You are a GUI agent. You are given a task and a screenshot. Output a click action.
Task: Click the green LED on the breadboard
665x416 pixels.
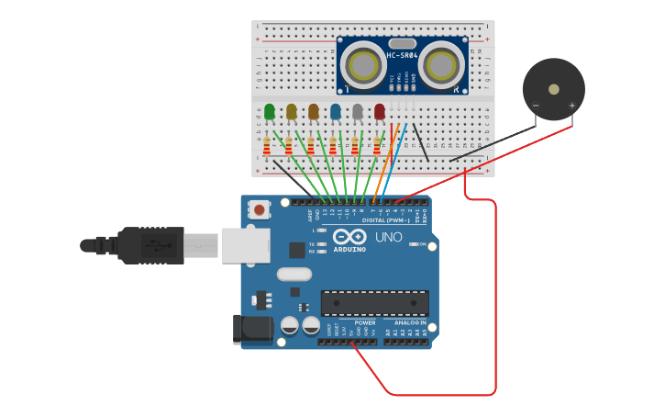point(270,112)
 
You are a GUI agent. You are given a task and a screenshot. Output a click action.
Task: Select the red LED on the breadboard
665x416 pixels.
point(380,111)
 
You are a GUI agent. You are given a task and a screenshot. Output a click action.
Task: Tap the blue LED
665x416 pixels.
point(336,112)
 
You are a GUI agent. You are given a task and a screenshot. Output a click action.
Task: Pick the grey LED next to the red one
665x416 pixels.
point(358,112)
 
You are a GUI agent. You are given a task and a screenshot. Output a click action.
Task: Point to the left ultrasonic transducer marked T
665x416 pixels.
point(362,65)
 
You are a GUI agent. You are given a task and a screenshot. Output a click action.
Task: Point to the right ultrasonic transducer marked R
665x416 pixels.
point(442,65)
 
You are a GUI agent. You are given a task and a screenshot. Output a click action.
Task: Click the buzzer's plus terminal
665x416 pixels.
point(572,107)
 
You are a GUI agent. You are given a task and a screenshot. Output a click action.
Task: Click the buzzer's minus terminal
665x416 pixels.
point(536,107)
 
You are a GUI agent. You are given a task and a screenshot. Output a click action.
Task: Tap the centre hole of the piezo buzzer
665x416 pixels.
point(554,89)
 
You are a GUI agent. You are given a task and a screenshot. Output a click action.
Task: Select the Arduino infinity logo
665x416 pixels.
point(349,237)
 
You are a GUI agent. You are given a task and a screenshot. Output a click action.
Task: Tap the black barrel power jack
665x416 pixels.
point(251,330)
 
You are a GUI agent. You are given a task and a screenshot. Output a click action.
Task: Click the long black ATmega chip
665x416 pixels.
point(374,304)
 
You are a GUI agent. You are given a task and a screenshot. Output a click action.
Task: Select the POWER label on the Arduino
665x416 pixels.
point(365,323)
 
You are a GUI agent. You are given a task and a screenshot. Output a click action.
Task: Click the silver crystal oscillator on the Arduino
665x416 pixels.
point(294,274)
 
